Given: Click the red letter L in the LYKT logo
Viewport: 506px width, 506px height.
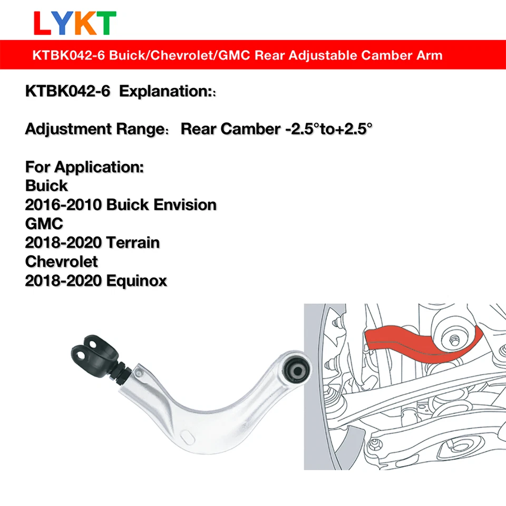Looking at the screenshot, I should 42,23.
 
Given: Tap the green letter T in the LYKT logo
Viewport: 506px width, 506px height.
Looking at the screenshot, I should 106,23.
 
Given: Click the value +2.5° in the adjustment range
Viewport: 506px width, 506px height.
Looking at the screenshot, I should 350,129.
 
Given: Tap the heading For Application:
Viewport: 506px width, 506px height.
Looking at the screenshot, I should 84,167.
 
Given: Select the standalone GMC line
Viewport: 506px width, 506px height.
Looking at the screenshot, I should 44,223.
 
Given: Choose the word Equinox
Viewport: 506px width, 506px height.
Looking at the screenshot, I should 137,280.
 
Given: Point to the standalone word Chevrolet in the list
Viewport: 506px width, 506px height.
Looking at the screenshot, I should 62,261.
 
